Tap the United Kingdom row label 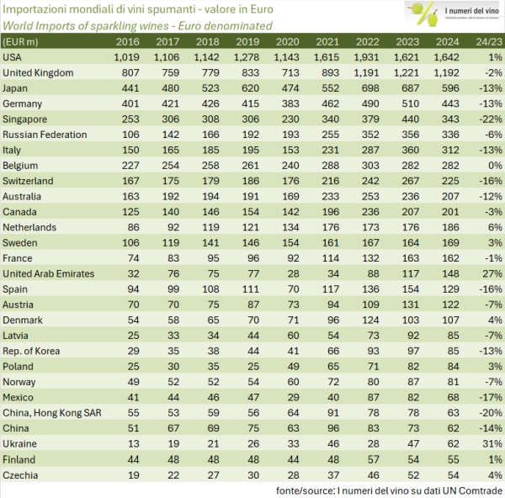tap(39, 72)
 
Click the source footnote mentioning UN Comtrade tap(386, 489)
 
